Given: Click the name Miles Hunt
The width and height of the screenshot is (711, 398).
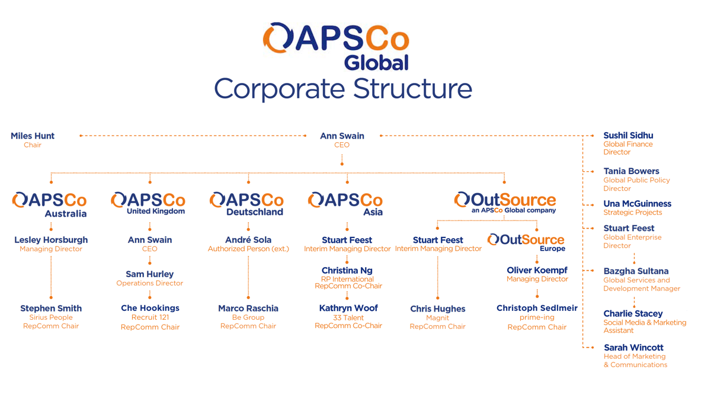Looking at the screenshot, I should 33,136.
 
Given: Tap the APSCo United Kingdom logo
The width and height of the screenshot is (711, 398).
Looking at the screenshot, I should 148,204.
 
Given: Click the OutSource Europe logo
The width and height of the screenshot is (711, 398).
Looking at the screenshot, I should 526,242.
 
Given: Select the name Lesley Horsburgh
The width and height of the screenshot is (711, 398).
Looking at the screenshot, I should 51,240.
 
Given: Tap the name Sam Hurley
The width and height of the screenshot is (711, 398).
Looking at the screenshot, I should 150,274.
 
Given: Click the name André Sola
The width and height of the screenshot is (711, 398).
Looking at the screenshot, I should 248,240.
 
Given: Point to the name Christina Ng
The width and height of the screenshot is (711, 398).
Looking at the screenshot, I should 347,271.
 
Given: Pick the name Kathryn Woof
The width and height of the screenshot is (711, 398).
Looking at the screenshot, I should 348,308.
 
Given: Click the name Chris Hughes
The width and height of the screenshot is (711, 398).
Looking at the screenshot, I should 438,309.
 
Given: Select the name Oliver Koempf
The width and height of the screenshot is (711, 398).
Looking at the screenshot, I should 537,270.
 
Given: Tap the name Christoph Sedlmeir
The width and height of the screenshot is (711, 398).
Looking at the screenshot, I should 537,308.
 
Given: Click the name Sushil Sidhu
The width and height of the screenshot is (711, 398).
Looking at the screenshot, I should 628,136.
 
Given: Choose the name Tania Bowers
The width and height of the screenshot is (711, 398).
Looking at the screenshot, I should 631,171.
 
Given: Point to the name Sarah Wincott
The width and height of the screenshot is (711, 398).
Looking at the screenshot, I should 633,348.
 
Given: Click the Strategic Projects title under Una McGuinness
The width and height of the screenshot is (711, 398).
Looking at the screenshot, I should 633,213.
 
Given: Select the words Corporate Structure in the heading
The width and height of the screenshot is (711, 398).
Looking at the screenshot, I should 343,89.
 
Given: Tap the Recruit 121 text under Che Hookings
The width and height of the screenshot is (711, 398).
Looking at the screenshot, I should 150,317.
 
